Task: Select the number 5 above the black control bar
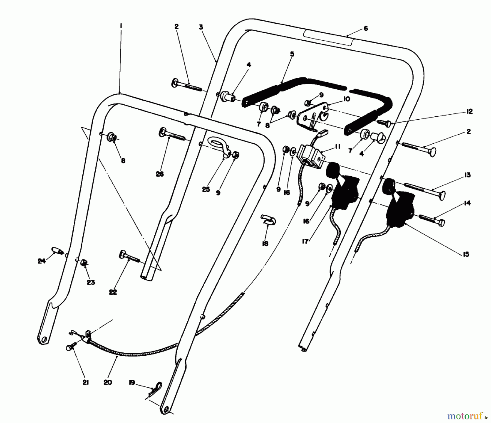292,54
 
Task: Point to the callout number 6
366,28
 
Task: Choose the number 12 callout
469,111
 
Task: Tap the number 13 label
467,175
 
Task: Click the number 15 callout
466,254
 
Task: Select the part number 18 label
265,244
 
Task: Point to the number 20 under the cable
108,383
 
